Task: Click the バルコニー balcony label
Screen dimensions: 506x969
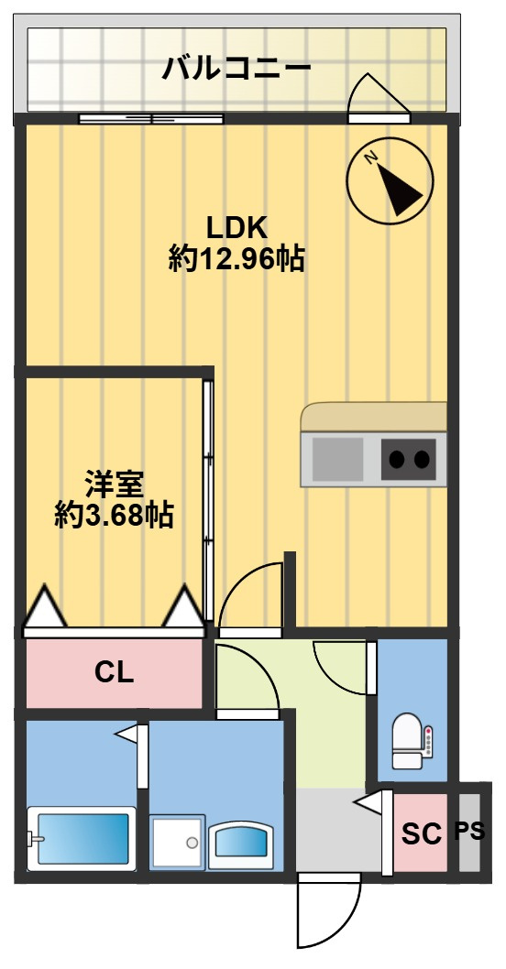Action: (x=236, y=68)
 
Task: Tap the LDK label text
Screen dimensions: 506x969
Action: (x=236, y=229)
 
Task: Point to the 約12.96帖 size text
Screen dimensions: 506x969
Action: (x=236, y=259)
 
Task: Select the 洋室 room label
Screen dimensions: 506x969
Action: (x=115, y=484)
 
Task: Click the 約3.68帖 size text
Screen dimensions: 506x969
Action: (x=114, y=515)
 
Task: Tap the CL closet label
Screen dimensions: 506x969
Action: (x=115, y=673)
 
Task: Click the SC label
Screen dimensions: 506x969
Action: (x=422, y=834)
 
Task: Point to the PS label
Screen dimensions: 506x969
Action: (x=470, y=832)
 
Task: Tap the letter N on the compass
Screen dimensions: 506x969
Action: (x=371, y=158)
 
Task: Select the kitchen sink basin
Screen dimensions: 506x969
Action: (x=337, y=459)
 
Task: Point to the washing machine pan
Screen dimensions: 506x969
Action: (x=178, y=842)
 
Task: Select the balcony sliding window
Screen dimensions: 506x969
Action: (x=151, y=119)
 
